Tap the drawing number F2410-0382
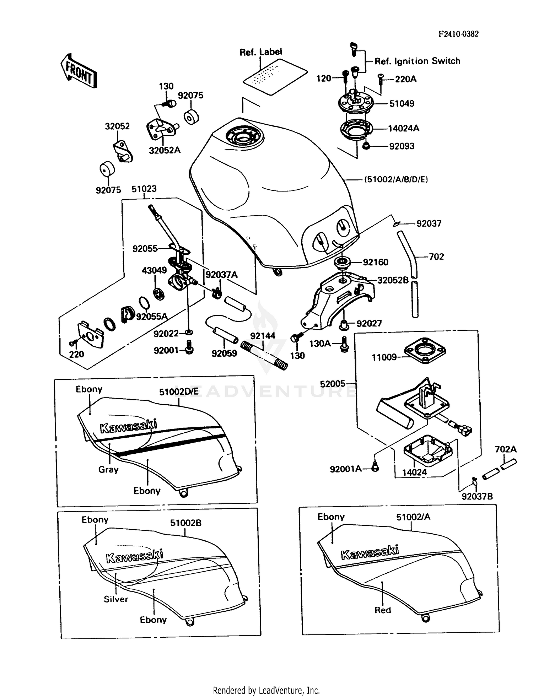[x=458, y=34]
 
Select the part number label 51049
[x=402, y=104]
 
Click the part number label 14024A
[x=403, y=128]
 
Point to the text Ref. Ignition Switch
[x=417, y=61]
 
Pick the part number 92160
[x=375, y=262]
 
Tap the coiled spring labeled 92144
[x=263, y=355]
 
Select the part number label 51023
[x=144, y=189]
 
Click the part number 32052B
[x=393, y=280]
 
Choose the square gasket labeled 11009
[x=425, y=351]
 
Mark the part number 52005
[x=332, y=384]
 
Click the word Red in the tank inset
[x=382, y=610]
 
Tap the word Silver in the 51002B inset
[x=115, y=599]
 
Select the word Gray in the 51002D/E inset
[x=108, y=469]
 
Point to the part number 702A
[x=505, y=449]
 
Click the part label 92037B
[x=477, y=497]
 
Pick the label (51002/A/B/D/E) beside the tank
[x=396, y=179]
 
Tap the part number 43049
[x=154, y=270]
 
